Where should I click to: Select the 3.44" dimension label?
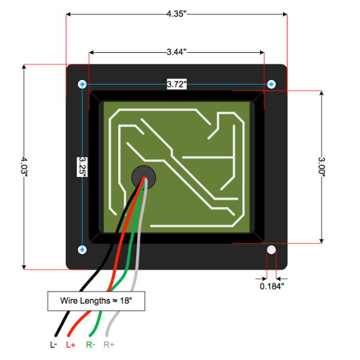(x=176, y=53)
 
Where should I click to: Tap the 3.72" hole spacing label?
(x=176, y=85)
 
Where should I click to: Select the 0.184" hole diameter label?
(x=272, y=286)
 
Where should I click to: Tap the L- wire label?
(x=53, y=345)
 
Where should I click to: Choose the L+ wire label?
(x=71, y=345)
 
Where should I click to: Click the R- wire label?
(x=89, y=345)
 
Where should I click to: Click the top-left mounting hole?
(x=82, y=83)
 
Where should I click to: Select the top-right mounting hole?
(x=271, y=83)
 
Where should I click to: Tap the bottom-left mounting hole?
(x=82, y=249)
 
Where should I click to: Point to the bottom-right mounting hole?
(x=271, y=250)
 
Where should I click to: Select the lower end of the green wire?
(x=91, y=334)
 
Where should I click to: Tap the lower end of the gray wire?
(x=108, y=334)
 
